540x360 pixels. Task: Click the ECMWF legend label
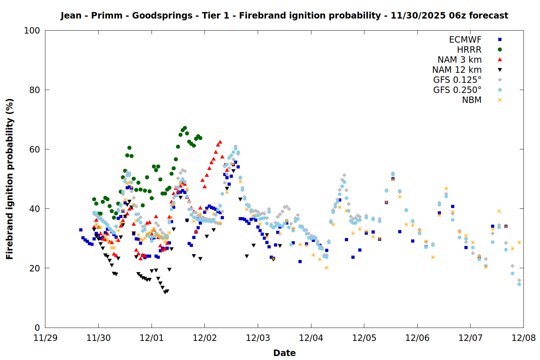pos(465,40)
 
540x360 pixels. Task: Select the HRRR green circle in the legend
pos(500,50)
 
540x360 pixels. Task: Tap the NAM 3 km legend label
pos(459,60)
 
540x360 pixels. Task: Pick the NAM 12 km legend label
pos(457,70)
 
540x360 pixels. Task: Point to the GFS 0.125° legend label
pos(457,80)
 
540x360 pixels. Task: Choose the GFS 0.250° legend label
pos(457,90)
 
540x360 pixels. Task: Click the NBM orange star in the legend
pos(500,100)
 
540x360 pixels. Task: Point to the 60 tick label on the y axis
pos(35,149)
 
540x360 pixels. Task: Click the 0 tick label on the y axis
pos(37,328)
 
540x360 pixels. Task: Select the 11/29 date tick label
pos(45,338)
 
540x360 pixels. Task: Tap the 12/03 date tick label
pos(258,338)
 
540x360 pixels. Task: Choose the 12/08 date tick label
pos(523,338)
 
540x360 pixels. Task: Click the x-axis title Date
pos(284,353)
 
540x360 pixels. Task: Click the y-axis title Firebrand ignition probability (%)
pos(10,179)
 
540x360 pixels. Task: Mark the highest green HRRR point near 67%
pos(185,128)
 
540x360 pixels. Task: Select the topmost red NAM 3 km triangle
pos(220,142)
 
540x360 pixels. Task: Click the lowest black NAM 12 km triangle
pos(165,292)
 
